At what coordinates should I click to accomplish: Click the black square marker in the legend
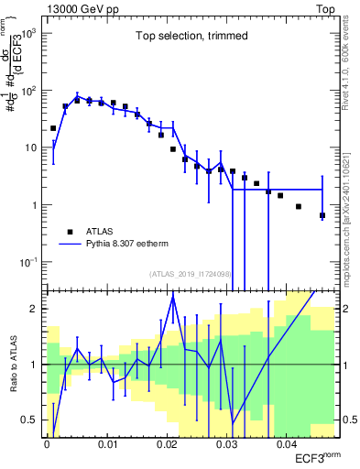70,232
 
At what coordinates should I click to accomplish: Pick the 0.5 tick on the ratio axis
30,420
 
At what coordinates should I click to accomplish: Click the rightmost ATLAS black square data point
322,215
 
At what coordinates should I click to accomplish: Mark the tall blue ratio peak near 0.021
172,295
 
